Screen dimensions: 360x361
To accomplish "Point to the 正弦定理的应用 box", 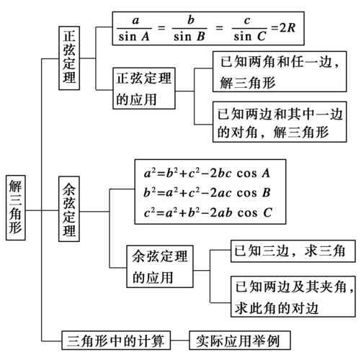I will [146, 90].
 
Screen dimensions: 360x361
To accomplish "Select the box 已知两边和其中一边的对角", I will [277, 123].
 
